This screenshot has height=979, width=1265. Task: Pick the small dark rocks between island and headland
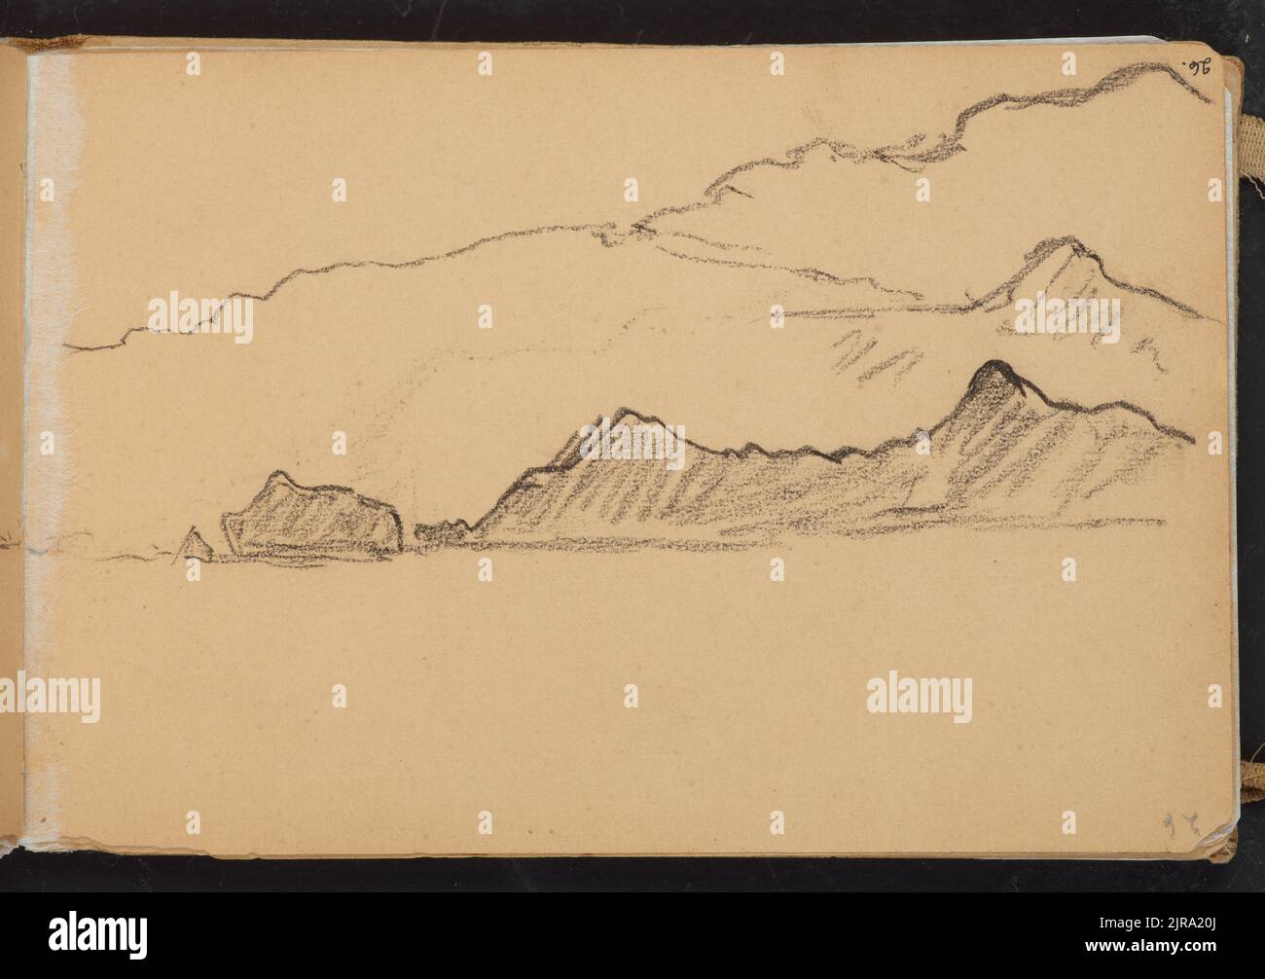coord(443,530)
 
